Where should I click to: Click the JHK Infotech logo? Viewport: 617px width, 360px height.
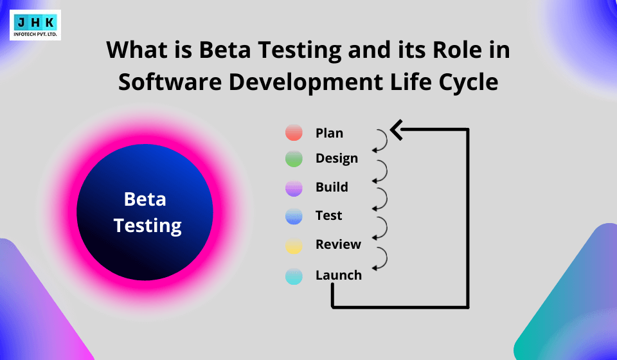(x=35, y=25)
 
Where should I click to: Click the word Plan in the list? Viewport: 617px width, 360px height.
(x=329, y=133)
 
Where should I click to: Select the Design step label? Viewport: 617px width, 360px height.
(x=337, y=158)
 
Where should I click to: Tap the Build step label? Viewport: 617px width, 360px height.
(x=332, y=187)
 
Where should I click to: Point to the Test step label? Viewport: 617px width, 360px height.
(x=328, y=215)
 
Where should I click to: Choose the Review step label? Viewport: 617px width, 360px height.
(x=338, y=244)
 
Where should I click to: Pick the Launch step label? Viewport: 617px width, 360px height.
(x=339, y=275)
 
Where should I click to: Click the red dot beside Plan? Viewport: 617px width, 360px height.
(x=294, y=133)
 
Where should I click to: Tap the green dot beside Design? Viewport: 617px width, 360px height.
(x=294, y=159)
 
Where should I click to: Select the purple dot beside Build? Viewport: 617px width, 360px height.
(x=294, y=188)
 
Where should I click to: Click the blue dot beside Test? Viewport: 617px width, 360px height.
(x=294, y=217)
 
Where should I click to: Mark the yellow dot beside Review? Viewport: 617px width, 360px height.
(x=294, y=246)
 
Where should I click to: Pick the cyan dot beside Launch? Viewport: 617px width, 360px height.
(x=294, y=276)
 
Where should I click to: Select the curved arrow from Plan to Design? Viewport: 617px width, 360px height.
(x=381, y=141)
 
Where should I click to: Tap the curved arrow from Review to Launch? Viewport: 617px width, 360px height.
(x=381, y=257)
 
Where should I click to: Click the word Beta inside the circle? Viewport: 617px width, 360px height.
(x=145, y=199)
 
